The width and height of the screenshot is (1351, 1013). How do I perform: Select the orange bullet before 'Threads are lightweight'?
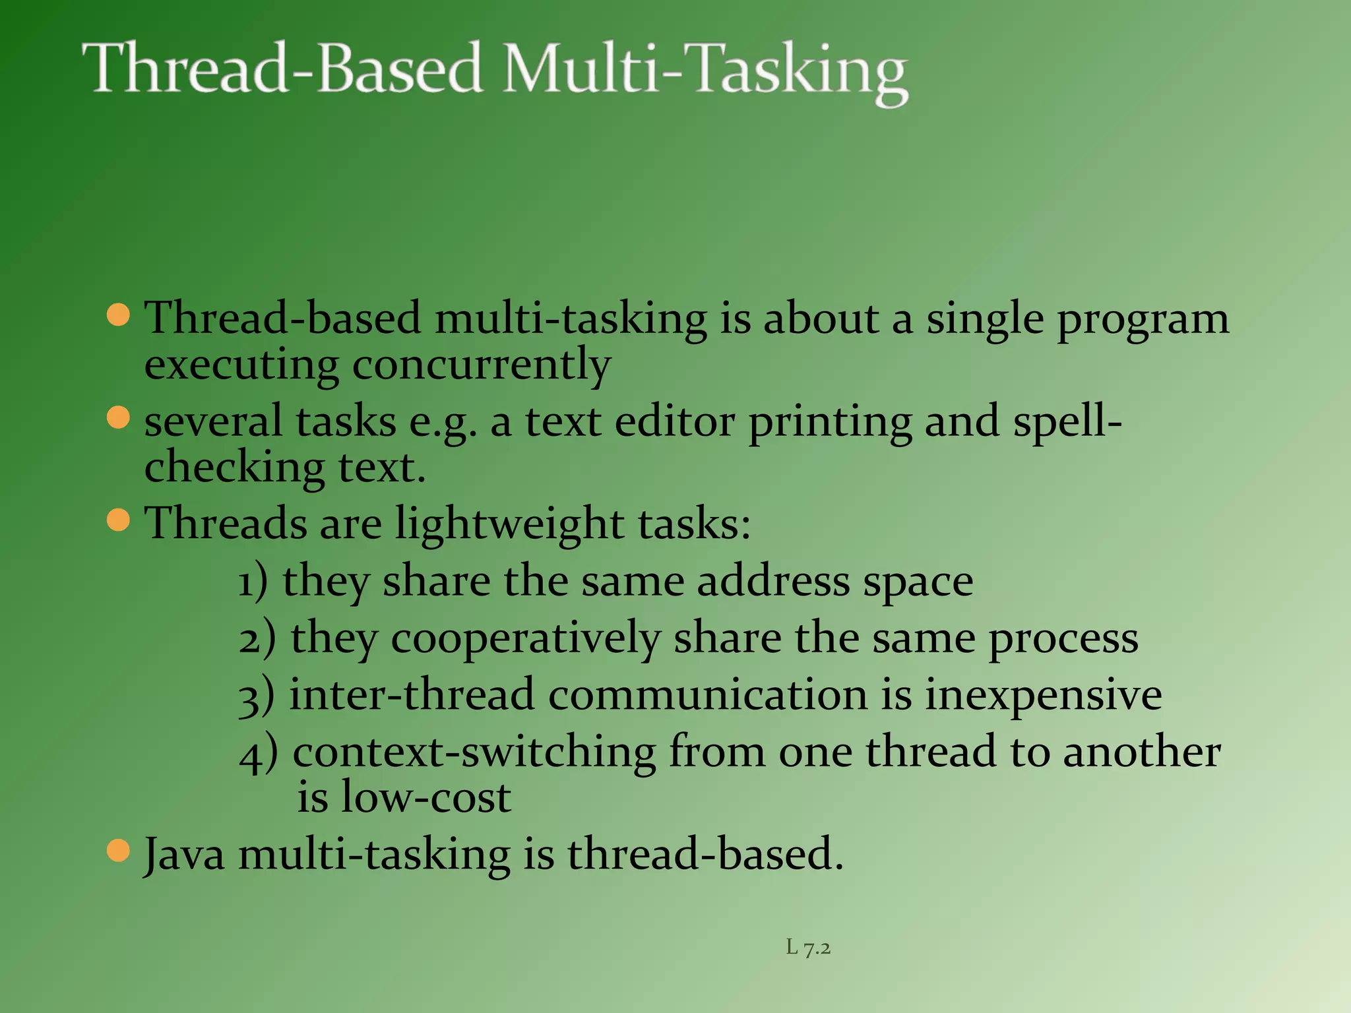118,520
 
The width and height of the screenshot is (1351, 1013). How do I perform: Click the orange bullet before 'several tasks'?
118,418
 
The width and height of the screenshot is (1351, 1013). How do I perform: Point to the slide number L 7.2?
808,948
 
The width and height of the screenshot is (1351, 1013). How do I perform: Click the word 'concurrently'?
482,365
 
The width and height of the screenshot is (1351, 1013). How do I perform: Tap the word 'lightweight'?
509,524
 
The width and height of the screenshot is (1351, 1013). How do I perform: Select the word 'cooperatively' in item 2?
525,638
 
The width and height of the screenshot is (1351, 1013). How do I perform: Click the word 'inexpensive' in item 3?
1042,695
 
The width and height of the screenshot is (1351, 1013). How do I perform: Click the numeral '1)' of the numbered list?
253,582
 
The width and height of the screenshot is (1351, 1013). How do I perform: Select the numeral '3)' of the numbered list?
256,696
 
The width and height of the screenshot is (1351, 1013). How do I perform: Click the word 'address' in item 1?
773,582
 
